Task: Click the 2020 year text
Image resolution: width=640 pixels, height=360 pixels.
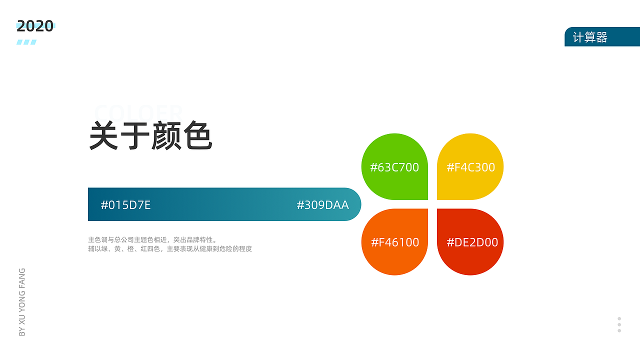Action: click(x=35, y=26)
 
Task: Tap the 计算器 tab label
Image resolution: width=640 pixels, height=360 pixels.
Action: click(x=590, y=37)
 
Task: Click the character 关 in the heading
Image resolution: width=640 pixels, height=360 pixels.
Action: click(x=104, y=135)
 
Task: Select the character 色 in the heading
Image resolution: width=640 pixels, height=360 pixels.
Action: click(x=198, y=135)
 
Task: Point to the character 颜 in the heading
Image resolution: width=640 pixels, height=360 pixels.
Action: click(x=166, y=135)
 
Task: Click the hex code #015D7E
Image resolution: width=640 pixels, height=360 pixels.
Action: click(x=125, y=205)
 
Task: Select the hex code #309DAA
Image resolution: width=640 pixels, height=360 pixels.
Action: click(x=322, y=205)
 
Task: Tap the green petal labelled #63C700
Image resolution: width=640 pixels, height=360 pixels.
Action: click(x=394, y=167)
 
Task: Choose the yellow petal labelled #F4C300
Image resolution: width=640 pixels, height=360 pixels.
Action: click(x=470, y=167)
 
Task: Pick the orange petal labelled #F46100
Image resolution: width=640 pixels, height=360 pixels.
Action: click(x=394, y=242)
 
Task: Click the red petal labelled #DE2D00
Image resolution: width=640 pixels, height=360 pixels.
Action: click(x=470, y=242)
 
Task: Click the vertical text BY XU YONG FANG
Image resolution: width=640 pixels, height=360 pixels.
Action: click(x=22, y=302)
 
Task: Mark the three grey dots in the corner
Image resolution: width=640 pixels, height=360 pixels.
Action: click(x=619, y=324)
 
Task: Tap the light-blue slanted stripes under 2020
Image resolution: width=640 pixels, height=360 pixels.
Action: click(x=26, y=42)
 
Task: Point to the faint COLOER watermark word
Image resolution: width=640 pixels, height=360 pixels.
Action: click(x=138, y=112)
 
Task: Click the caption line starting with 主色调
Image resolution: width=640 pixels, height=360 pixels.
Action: click(x=152, y=239)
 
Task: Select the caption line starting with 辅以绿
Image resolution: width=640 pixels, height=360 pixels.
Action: click(x=169, y=248)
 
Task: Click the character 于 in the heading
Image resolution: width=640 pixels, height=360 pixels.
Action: click(x=135, y=135)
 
